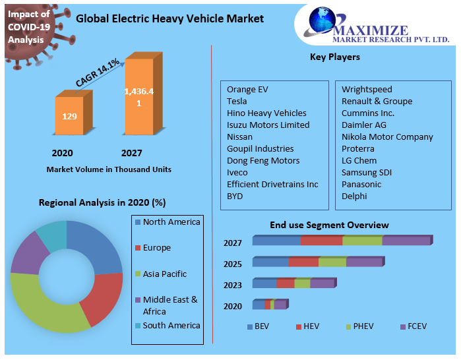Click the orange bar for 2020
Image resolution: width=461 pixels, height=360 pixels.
[69, 117]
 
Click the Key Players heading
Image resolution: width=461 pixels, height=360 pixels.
[335, 57]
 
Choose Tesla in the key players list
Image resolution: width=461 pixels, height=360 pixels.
[237, 101]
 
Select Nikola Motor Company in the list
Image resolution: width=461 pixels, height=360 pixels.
[387, 136]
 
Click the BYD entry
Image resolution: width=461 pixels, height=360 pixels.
[235, 196]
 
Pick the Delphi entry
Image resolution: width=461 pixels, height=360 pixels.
[354, 196]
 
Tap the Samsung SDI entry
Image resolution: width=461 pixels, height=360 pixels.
[366, 172]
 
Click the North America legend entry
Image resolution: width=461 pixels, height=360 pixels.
[171, 222]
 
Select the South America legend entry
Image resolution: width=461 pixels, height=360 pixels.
[171, 325]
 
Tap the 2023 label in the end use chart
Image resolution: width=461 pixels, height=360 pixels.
[233, 285]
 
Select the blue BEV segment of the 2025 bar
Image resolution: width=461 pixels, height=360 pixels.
[270, 262]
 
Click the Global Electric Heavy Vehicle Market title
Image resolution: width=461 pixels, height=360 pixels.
[169, 18]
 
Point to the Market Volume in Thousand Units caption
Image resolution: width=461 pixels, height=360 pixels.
[109, 169]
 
